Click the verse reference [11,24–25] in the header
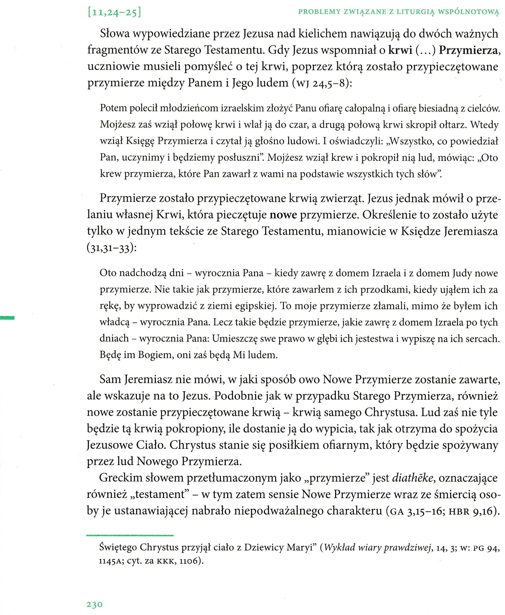pos(114,13)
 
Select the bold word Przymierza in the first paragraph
pos(469,50)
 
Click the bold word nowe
pos(283,215)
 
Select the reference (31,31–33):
pos(111,248)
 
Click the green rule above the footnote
pos(130,535)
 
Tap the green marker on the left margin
pos(7,318)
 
